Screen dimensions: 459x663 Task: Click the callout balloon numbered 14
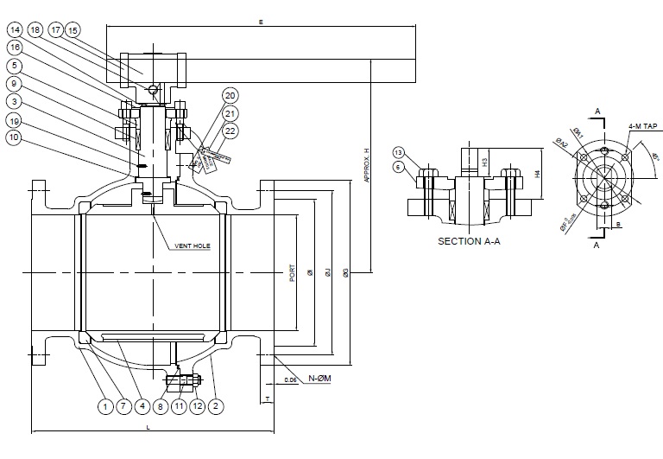16,29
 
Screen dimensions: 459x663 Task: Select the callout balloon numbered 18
35,29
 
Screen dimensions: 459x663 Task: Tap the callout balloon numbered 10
16,137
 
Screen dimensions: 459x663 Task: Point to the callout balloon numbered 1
104,405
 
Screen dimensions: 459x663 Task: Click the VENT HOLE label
192,246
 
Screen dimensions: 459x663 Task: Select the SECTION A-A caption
469,241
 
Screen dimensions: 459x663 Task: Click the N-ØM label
298,379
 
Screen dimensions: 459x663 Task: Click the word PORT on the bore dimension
290,274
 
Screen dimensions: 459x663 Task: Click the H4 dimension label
536,174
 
